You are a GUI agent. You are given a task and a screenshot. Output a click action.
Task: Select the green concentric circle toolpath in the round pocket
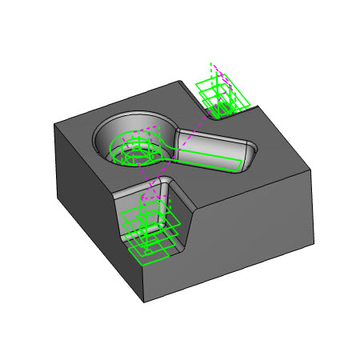click(x=131, y=151)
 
